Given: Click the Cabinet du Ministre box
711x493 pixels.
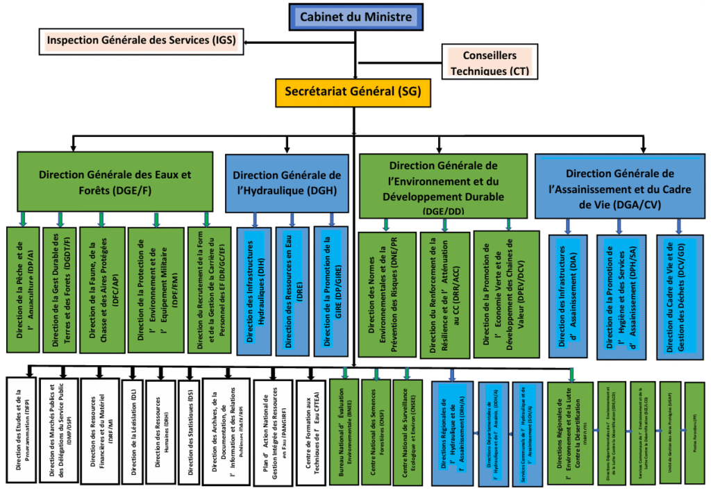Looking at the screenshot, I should [x=355, y=17].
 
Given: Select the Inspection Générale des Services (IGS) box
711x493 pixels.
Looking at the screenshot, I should [x=141, y=41].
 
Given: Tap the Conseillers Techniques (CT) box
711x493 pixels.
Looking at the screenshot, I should [x=490, y=62].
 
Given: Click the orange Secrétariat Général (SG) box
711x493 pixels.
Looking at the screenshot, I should [x=353, y=91].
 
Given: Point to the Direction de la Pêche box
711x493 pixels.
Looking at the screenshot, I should [x=23, y=289].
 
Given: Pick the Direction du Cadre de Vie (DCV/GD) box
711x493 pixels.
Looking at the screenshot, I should [x=680, y=296].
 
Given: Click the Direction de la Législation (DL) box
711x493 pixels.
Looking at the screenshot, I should [x=131, y=432].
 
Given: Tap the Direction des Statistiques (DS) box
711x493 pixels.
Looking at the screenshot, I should [x=188, y=432].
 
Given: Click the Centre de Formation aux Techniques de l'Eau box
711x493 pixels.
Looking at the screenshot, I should [x=311, y=433].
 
